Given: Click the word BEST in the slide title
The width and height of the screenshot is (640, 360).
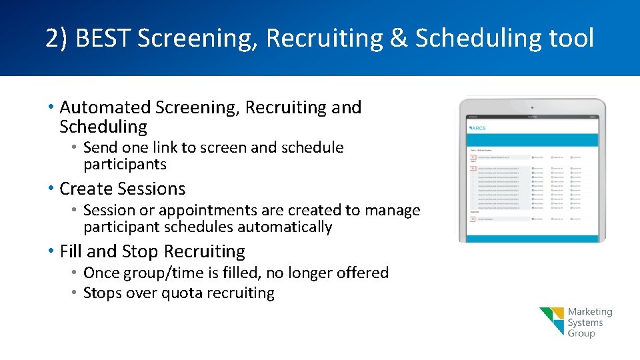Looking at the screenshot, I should tap(103, 39).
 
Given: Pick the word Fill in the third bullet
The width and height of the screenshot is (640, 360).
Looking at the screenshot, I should tap(71, 251).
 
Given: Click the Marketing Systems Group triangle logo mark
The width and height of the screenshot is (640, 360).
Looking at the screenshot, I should tap(552, 321).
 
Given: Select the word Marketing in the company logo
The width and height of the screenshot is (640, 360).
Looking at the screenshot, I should tap(590, 312).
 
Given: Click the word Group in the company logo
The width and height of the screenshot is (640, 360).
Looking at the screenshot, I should tap(581, 333).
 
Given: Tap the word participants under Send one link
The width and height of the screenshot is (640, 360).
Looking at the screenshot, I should tap(125, 164).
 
